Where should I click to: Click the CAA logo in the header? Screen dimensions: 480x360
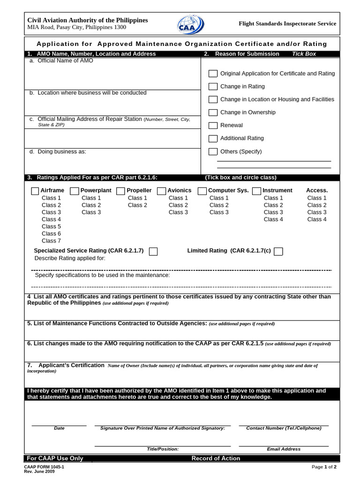pos(190,24)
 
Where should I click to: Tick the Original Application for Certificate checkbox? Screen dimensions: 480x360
pos(213,74)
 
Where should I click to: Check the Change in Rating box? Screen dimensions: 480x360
pos(213,87)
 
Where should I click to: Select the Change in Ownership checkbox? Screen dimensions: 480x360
pos(213,112)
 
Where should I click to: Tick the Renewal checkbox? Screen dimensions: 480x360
pos(213,126)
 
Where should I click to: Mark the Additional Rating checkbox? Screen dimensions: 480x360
pos(213,139)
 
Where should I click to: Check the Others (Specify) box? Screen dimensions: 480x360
pos(213,151)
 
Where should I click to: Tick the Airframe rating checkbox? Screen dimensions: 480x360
pos(35,191)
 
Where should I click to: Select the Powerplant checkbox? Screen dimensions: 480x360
pos(75,191)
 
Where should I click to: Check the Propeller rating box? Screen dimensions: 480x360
pos(120,191)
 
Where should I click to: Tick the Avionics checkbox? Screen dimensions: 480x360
pos(161,191)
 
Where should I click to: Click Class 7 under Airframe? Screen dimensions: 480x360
pos(51,241)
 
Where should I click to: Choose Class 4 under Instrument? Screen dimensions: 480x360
pos(273,219)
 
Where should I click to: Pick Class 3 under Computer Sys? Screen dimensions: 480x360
pos(219,212)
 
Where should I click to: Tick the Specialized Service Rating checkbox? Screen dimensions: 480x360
pos(153,252)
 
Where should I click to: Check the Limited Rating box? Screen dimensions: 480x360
pos(278,252)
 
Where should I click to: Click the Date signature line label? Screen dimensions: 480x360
pos(59,428)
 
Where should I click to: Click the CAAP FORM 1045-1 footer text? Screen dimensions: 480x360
pos(44,467)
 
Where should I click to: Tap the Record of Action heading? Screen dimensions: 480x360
pos(216,458)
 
